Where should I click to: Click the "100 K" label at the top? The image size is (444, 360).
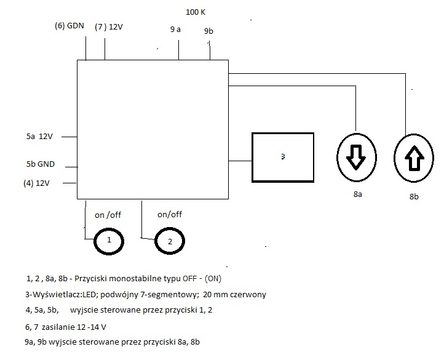point(196,12)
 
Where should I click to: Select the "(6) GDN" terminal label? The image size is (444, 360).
point(69,26)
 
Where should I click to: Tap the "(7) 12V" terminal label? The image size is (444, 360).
point(109,27)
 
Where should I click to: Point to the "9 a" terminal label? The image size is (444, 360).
point(175,29)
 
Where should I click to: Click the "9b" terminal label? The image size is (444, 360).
point(208,31)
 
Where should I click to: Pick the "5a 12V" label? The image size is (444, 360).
point(39,137)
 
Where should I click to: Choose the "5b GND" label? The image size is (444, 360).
point(41,164)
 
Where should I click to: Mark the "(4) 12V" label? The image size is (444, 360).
point(36,183)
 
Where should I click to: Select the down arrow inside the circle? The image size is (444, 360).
point(356,158)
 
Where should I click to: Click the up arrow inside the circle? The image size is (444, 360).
point(414,158)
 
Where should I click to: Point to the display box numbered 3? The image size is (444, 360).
point(252,158)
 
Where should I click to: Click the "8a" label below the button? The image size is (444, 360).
point(358,194)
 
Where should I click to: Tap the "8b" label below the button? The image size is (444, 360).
point(414,196)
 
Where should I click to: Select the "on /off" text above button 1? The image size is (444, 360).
point(108,215)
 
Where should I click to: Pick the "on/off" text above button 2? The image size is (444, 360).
point(170,214)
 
